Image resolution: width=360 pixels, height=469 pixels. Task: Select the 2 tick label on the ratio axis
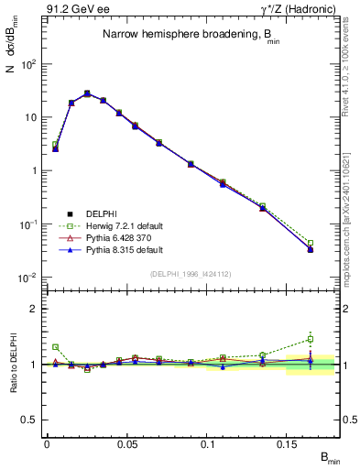[34, 309]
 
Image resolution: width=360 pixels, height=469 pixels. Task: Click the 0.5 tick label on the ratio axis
[30, 420]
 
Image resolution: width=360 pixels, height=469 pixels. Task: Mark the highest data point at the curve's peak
[87, 93]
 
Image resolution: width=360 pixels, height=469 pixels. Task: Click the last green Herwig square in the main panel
[311, 243]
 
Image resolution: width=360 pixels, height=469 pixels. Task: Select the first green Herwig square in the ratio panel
[55, 347]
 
